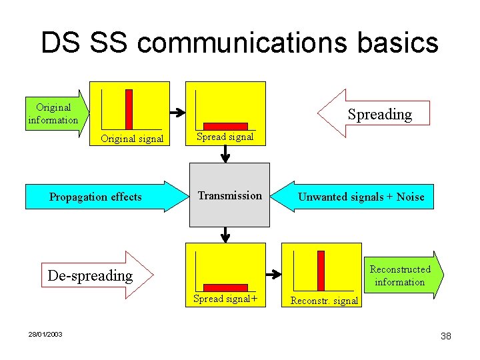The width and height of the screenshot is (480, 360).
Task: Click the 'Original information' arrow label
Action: click(x=53, y=114)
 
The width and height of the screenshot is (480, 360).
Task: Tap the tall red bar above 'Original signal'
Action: click(x=129, y=109)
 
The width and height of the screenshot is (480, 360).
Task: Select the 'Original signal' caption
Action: click(x=131, y=139)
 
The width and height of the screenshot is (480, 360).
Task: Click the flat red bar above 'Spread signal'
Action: click(x=225, y=125)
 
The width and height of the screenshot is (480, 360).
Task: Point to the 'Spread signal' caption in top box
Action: click(x=225, y=137)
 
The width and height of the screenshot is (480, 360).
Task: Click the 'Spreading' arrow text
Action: click(x=380, y=114)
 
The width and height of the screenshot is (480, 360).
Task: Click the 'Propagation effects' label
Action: click(x=95, y=197)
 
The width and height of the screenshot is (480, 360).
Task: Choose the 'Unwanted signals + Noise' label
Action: click(x=361, y=197)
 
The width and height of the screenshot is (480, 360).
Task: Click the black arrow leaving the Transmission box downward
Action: click(x=225, y=235)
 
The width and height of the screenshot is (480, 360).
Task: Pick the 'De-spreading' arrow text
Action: click(x=90, y=275)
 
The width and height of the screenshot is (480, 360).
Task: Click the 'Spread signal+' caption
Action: click(x=225, y=299)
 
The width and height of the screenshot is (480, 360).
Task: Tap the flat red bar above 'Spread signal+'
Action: click(x=225, y=287)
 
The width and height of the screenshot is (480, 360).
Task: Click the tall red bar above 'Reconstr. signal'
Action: click(x=321, y=270)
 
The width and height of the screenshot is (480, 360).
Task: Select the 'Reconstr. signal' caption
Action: click(x=324, y=301)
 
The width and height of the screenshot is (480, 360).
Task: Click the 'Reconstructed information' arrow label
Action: click(x=400, y=275)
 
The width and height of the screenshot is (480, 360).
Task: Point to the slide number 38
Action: click(x=445, y=336)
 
